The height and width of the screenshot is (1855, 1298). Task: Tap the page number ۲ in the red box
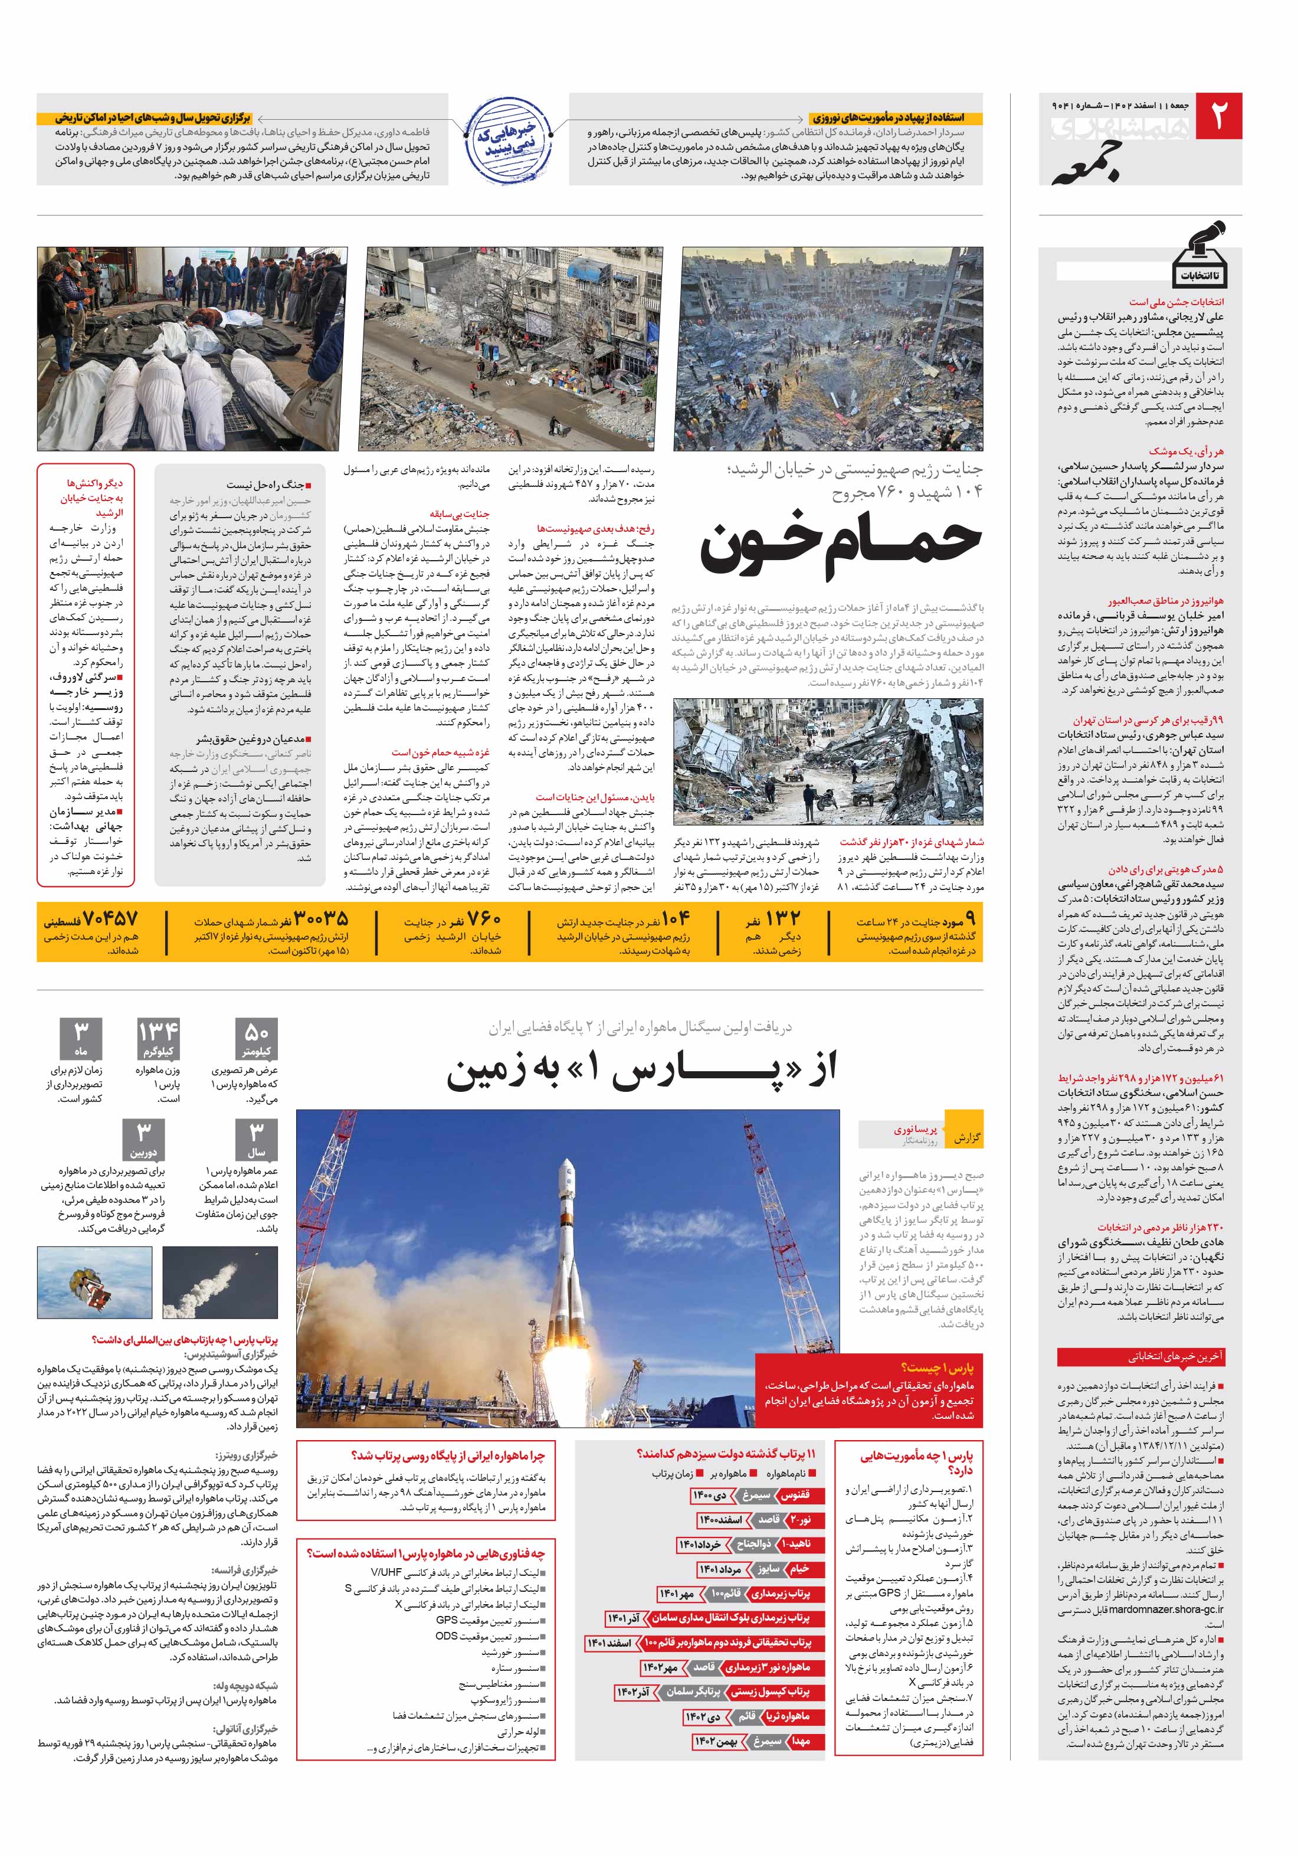1217,116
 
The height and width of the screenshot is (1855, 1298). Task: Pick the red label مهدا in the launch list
801,1741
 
